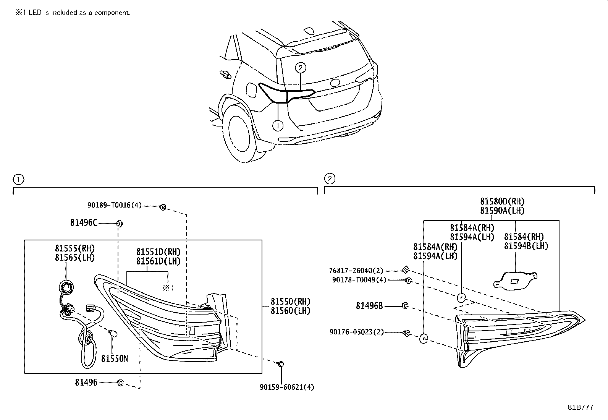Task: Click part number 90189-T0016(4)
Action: tap(114, 205)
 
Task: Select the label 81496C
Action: tap(84, 223)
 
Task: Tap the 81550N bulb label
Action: tap(115, 358)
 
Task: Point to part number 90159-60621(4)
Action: tap(287, 387)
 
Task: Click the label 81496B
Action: tap(369, 306)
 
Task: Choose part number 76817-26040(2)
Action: tap(356, 271)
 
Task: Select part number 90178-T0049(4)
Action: tap(359, 280)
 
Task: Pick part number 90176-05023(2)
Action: tap(357, 332)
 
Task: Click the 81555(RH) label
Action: tap(75, 248)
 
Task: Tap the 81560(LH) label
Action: tap(290, 311)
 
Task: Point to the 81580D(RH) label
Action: tap(502, 201)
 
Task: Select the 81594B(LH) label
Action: tap(526, 246)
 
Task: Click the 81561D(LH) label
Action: tap(158, 261)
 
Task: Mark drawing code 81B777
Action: tap(581, 407)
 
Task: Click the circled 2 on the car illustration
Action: tap(301, 68)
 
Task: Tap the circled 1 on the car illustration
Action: tap(278, 126)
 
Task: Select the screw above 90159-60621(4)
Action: tap(280, 364)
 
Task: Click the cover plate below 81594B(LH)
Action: tap(515, 281)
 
